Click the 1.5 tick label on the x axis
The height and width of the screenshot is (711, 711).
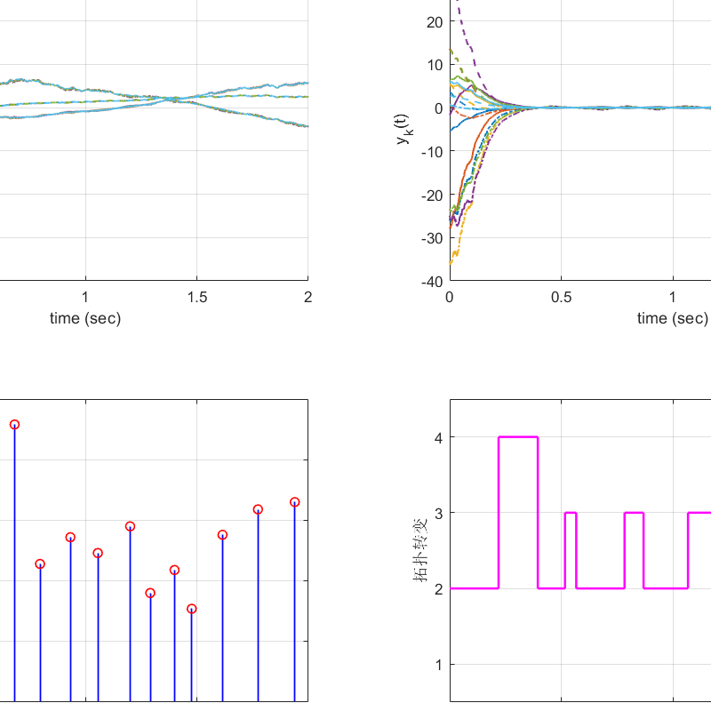[x=196, y=297]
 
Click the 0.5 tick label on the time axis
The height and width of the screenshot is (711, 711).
[x=561, y=297]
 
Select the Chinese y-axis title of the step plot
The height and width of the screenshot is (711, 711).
[x=420, y=551]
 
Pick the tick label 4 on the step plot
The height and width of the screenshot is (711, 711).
[x=437, y=437]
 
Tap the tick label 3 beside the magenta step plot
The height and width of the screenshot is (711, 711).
[x=437, y=513]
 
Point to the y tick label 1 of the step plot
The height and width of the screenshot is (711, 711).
[x=437, y=664]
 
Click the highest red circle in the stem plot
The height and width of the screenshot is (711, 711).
[x=14, y=425]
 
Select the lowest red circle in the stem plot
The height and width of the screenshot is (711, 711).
[x=192, y=609]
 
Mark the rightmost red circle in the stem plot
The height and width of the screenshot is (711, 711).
[x=294, y=502]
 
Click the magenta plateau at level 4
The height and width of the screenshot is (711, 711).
[x=518, y=437]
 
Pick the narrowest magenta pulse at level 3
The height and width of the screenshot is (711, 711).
[x=571, y=513]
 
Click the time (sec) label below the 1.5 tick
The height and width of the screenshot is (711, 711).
[x=85, y=318]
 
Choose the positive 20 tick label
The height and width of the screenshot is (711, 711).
[x=435, y=21]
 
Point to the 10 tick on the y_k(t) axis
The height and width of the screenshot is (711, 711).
[x=435, y=65]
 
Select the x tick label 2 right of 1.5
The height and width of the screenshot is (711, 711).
[x=308, y=297]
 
